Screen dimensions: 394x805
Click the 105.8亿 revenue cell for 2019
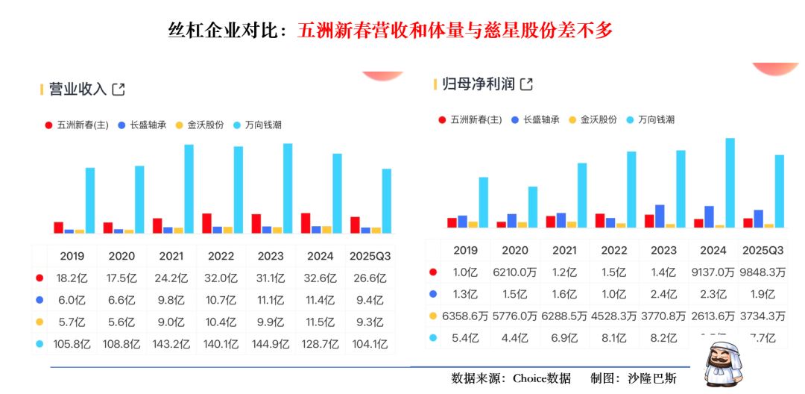click(72, 344)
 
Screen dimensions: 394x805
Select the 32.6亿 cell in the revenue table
click(321, 278)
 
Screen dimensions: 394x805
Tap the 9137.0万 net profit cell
click(713, 272)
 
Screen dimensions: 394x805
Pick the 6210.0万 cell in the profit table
click(515, 272)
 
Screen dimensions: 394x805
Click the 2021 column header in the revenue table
click(171, 256)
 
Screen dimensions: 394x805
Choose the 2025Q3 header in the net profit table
click(763, 251)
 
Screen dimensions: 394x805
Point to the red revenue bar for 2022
click(206, 223)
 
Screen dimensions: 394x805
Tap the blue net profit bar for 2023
click(660, 216)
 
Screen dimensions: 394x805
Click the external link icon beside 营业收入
click(118, 90)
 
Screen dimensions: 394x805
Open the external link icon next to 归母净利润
click(526, 84)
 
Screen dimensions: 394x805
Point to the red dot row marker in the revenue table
click(40, 278)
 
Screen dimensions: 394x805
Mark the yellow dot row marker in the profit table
click(433, 316)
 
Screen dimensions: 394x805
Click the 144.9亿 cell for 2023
click(271, 344)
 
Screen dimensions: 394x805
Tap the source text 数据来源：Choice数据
click(511, 378)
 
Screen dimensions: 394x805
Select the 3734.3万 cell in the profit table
click(763, 316)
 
